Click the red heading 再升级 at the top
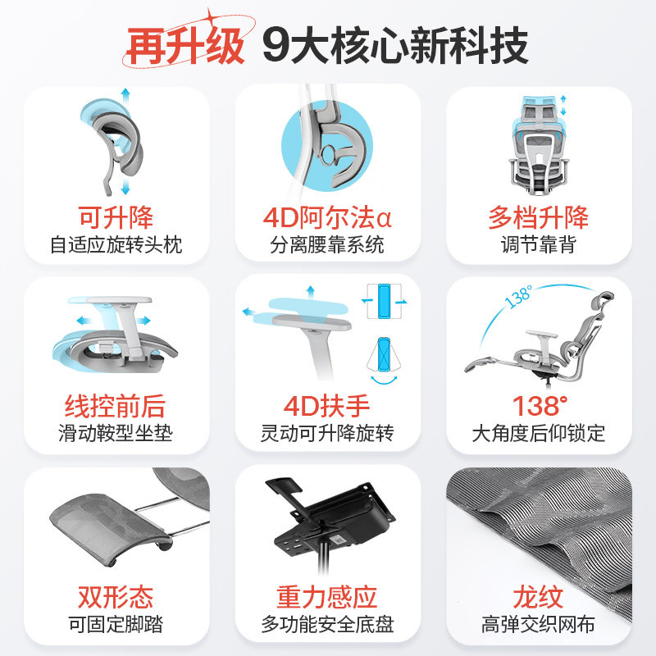tap(185, 47)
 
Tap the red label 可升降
tap(116, 218)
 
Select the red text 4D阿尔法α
tap(327, 218)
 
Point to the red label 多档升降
tap(539, 218)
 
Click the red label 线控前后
tap(116, 406)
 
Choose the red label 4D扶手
tap(326, 406)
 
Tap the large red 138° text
tap(540, 406)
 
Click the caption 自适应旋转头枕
tap(116, 244)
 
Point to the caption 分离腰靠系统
tap(327, 244)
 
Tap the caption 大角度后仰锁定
tap(539, 433)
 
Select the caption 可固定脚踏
tap(116, 623)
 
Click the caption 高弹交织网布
tap(539, 623)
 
